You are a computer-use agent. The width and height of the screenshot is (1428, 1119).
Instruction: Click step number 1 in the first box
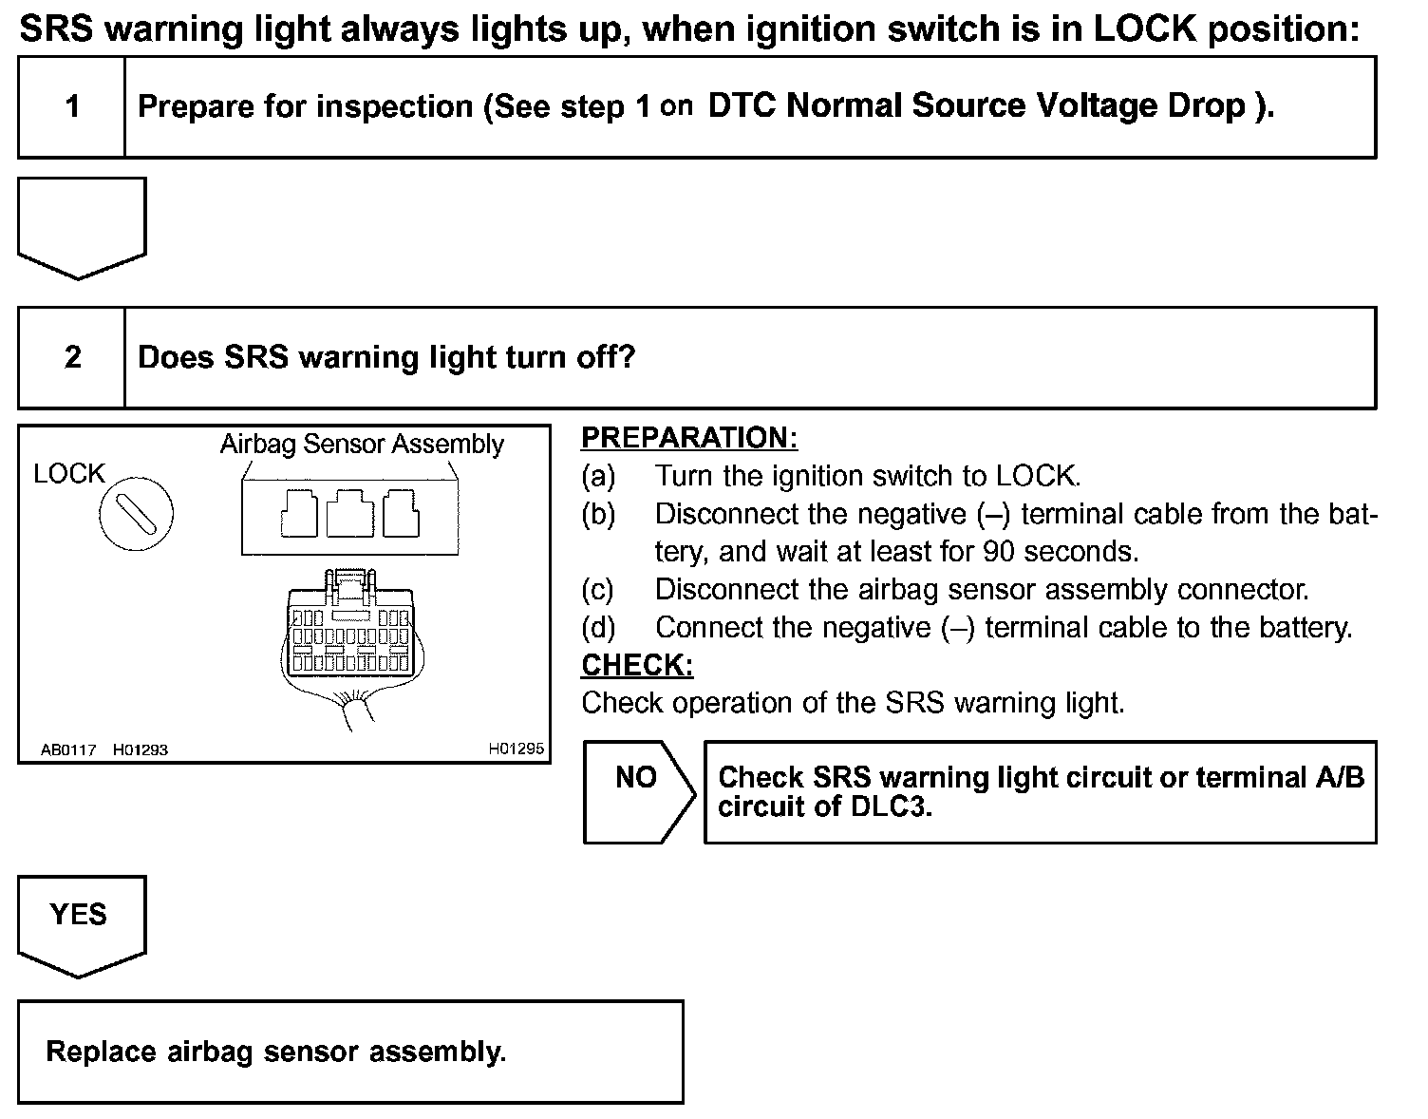72,106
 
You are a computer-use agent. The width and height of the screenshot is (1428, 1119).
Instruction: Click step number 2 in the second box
72,357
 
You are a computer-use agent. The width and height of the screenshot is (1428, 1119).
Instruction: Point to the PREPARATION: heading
688,438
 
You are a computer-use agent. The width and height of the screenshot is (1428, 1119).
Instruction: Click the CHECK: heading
636,665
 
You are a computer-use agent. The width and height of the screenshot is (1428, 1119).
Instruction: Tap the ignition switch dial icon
137,514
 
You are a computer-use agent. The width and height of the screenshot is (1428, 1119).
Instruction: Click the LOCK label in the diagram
68,473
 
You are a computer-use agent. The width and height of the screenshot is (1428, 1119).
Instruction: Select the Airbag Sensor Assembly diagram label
362,444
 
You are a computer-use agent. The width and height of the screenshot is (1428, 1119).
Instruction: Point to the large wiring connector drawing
349,632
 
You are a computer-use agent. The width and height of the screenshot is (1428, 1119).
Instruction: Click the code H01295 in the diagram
516,749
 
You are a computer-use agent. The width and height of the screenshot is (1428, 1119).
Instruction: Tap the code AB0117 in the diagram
68,749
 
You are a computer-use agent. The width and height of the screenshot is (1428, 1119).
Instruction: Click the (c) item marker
597,590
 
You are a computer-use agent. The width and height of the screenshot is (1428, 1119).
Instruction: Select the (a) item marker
597,476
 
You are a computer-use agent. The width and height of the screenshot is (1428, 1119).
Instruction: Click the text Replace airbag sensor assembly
275,1052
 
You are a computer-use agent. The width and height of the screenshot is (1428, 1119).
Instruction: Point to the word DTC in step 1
742,105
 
